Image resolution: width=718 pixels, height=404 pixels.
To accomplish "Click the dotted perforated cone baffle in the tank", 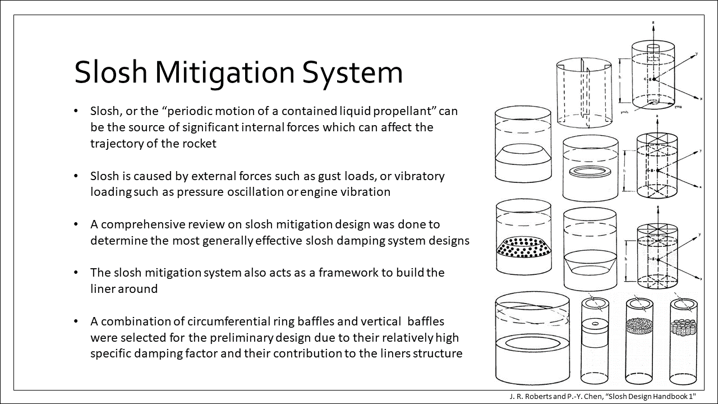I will (524, 246).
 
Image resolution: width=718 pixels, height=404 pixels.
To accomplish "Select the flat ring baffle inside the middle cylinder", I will (591, 172).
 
